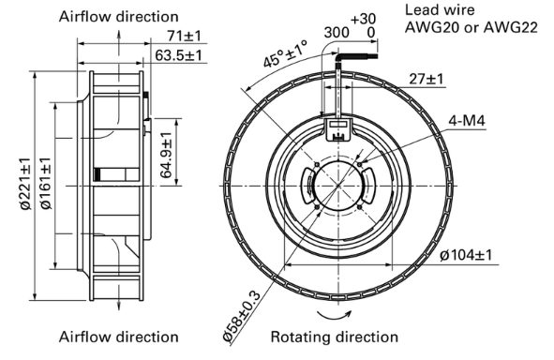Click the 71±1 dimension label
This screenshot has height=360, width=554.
tap(184, 36)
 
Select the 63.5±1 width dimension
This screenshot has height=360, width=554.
tap(178, 55)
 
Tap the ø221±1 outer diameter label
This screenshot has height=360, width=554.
tap(26, 184)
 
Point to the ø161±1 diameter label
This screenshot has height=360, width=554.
tap(46, 183)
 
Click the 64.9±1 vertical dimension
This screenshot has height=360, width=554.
tap(166, 155)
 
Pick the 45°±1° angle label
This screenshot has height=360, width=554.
tap(286, 53)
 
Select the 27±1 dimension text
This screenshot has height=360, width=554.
tap(426, 79)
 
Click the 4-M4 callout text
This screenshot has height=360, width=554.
tap(467, 121)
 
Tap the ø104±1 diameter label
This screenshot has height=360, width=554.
tap(466, 255)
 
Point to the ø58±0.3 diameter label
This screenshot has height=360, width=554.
tap(242, 316)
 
